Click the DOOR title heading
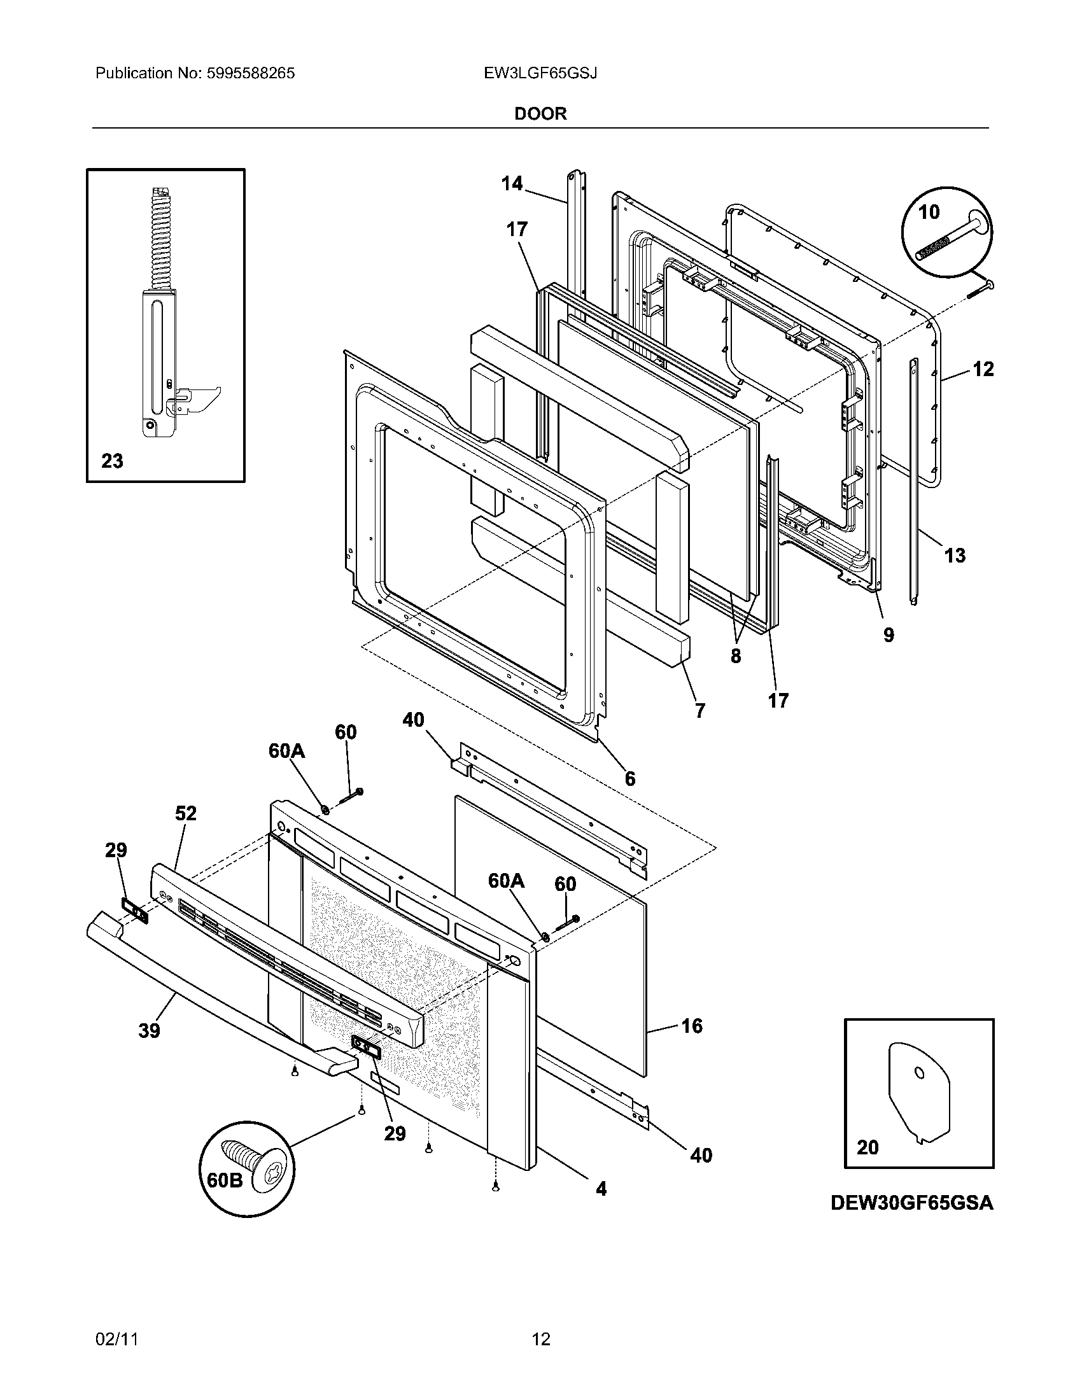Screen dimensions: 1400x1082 point(540,114)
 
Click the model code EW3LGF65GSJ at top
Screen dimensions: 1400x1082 point(540,73)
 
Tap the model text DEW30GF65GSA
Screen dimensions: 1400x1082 point(911,1203)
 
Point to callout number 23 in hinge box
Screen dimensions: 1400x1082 point(112,461)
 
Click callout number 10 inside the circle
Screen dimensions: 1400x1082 point(929,212)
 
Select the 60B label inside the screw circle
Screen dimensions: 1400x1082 point(225,1179)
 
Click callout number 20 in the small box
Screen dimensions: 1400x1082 point(868,1147)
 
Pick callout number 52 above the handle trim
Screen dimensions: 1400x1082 point(186,813)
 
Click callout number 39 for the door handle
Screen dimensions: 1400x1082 point(149,1031)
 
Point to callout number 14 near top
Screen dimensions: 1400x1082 point(512,184)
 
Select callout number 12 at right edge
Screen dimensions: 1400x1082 point(983,369)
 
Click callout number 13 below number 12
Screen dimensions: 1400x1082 point(955,555)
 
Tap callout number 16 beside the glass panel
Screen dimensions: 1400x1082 point(692,1026)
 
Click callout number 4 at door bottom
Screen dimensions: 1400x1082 point(601,1189)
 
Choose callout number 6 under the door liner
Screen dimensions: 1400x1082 point(629,779)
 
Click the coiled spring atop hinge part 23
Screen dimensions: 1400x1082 point(158,241)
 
